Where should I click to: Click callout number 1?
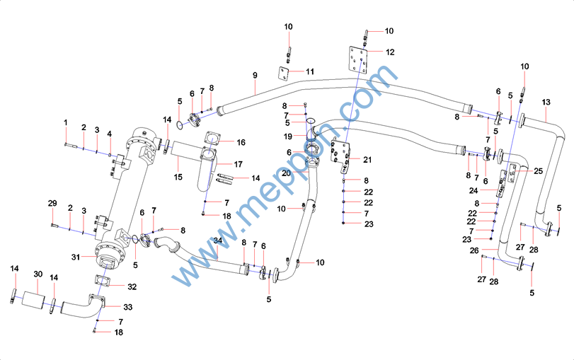(x=66, y=123)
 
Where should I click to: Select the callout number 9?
(x=254, y=75)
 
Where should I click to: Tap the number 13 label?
(x=546, y=103)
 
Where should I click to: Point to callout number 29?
(x=52, y=204)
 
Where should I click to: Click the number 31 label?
(x=76, y=256)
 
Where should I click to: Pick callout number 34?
(x=218, y=242)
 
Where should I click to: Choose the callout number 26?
(x=474, y=250)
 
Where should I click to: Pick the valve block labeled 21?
(x=341, y=156)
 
